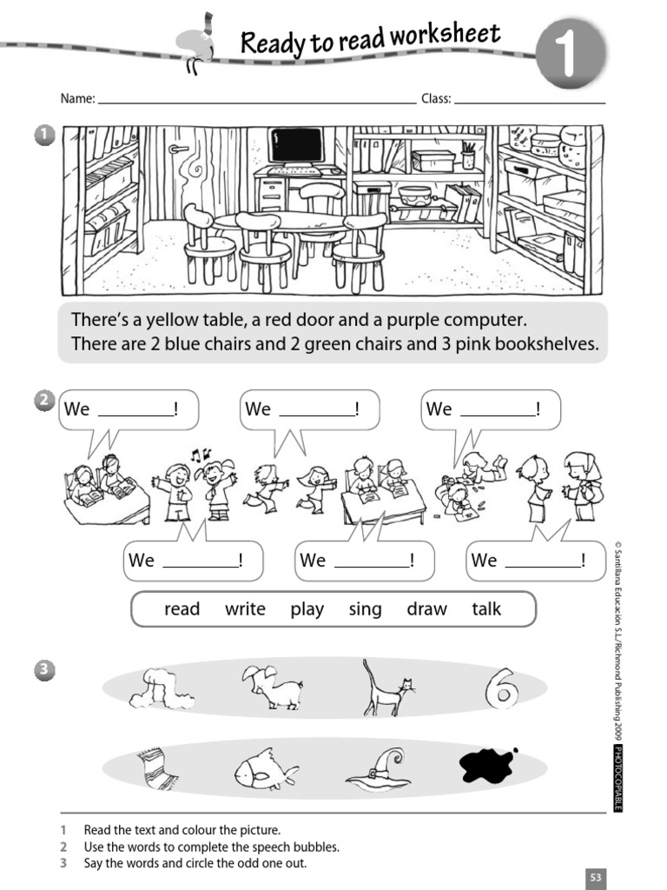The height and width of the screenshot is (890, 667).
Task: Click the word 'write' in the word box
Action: click(245, 609)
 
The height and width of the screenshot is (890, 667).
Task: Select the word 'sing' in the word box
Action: click(365, 609)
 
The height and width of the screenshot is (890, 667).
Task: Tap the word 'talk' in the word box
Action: click(486, 609)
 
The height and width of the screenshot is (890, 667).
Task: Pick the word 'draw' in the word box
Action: click(426, 609)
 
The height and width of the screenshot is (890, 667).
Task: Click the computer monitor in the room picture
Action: click(295, 145)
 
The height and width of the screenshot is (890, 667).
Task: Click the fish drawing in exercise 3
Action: click(265, 768)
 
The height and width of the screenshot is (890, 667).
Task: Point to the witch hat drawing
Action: click(379, 769)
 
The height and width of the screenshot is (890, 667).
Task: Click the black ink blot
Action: click(487, 765)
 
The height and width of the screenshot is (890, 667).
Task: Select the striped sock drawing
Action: click(158, 768)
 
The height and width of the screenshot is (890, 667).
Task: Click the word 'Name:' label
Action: click(77, 99)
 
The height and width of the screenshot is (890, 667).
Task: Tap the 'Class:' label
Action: click(436, 99)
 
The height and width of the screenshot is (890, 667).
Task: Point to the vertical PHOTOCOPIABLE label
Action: click(617, 778)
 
